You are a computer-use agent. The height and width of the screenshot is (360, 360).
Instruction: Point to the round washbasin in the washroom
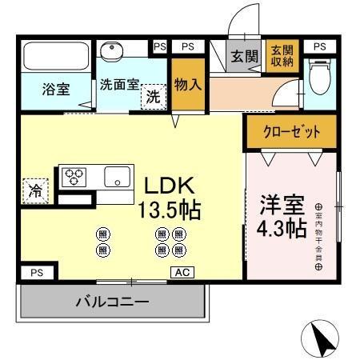point(111,51)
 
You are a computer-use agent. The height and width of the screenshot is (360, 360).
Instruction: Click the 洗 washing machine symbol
point(151,97)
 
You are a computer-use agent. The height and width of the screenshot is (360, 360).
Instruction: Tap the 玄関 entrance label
point(244,57)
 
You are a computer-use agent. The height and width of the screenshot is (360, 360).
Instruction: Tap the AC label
point(182,272)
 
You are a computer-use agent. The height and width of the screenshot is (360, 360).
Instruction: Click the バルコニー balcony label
point(112,302)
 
